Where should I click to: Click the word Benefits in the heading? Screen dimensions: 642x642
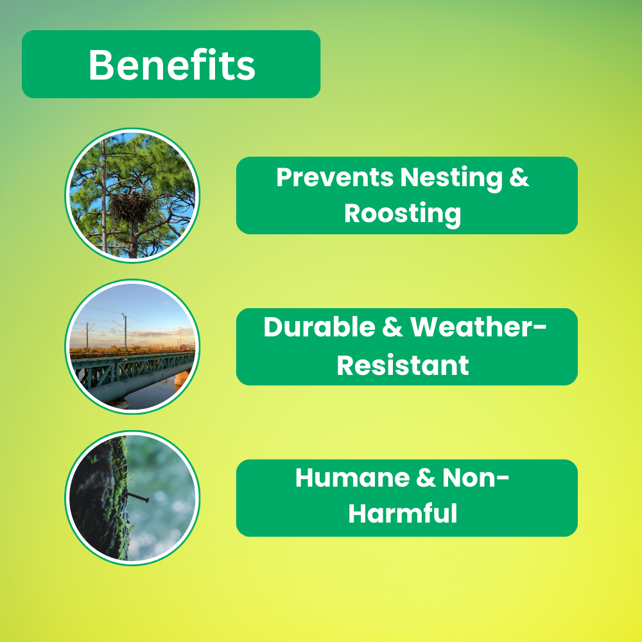tap(171, 65)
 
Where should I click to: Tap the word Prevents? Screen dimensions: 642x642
tap(335, 177)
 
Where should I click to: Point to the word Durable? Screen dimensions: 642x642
tap(319, 327)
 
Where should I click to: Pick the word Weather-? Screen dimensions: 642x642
tap(478, 327)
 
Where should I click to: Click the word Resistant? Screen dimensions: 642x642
tap(403, 365)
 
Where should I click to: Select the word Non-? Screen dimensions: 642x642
tap(476, 478)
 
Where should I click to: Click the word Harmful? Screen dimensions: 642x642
tap(403, 513)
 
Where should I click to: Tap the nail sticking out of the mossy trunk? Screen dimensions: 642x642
tap(138, 498)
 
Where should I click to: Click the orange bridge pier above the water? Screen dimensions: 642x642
tap(182, 377)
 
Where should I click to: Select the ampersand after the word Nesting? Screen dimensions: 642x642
tap(519, 177)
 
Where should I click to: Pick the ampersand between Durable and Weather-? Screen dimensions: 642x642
tap(393, 327)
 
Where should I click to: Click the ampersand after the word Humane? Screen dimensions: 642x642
tap(426, 478)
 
